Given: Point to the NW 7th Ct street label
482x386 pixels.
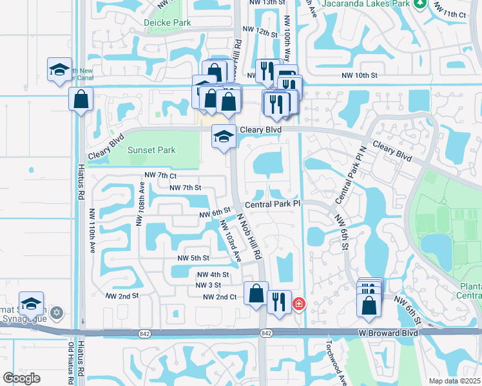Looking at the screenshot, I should coord(160,175).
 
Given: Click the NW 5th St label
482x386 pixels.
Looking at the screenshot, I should coord(193,259).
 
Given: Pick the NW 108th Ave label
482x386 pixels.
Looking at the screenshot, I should coord(139,204).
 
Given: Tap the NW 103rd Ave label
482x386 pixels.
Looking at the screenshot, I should coord(229,241).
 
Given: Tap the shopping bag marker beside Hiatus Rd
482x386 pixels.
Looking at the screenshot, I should coord(81,99).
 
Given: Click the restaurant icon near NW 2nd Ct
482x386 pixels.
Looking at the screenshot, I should coord(278,300).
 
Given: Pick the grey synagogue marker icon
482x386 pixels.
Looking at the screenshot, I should coord(57,313).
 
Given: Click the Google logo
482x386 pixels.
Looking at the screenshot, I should coord(21,378).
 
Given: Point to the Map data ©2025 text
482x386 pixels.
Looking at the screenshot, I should coord(454,381).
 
